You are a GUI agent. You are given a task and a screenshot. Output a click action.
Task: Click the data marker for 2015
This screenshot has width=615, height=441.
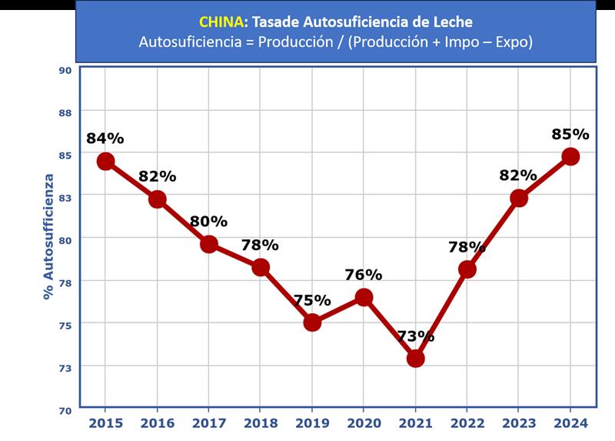pyautogui.click(x=105, y=161)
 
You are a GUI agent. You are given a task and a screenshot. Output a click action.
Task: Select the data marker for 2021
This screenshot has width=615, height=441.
pyautogui.click(x=415, y=358)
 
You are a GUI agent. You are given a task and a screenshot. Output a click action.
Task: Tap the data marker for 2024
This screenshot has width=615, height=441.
pyautogui.click(x=570, y=156)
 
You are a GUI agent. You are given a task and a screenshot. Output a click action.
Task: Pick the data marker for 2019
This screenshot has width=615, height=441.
pyautogui.click(x=312, y=322)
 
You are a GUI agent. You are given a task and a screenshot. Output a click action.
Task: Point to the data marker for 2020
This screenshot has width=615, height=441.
pyautogui.click(x=364, y=297)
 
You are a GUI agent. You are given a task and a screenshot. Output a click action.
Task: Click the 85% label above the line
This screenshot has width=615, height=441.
pyautogui.click(x=570, y=134)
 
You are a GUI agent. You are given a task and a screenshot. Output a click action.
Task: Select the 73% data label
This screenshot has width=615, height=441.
pyautogui.click(x=415, y=336)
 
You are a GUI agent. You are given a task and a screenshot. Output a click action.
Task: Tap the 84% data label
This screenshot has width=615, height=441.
pyautogui.click(x=105, y=139)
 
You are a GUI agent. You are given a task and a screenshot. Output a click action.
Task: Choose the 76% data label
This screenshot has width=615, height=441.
pyautogui.click(x=364, y=275)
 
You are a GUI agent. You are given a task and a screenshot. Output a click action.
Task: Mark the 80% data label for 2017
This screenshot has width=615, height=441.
pyautogui.click(x=208, y=222)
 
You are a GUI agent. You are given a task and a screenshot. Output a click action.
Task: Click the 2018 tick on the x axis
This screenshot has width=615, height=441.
pyautogui.click(x=260, y=423)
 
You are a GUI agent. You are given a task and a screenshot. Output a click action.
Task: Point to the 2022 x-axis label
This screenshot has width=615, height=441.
pyautogui.click(x=467, y=423)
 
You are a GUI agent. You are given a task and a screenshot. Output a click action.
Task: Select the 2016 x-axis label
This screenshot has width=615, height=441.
pyautogui.click(x=157, y=423)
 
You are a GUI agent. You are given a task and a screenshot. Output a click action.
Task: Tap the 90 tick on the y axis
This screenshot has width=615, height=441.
pyautogui.click(x=65, y=69)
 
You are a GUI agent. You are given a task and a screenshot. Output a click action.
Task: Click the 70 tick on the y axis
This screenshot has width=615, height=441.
pyautogui.click(x=65, y=409)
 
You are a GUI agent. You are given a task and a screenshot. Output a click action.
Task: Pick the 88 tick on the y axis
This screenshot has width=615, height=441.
pyautogui.click(x=65, y=112)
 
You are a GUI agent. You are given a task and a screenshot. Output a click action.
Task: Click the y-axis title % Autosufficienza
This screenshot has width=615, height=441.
pyautogui.click(x=48, y=236)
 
